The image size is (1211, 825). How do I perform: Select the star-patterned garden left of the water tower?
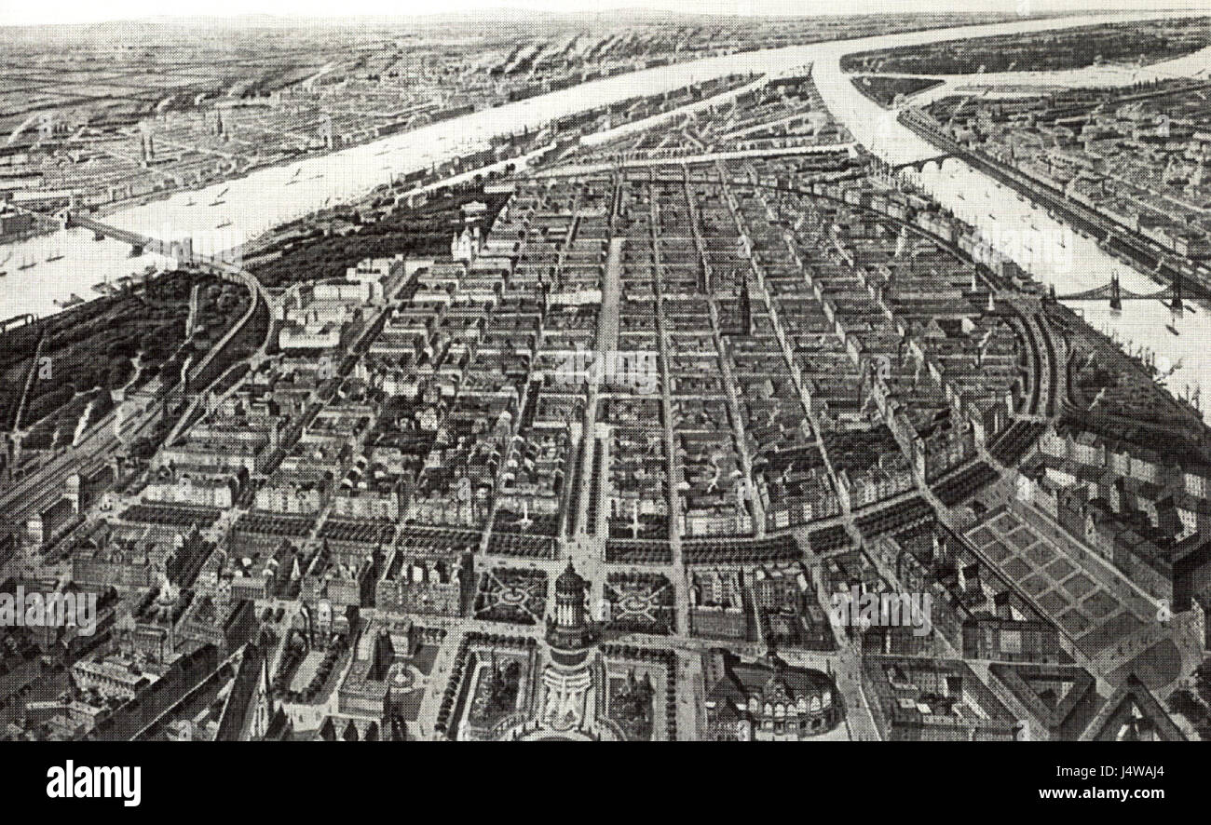pyautogui.click(x=511, y=595)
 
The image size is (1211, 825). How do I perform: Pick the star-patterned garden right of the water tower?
pyautogui.click(x=637, y=603)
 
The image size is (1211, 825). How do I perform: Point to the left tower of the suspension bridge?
pyautogui.click(x=1113, y=291)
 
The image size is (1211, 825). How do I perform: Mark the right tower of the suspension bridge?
pyautogui.click(x=1176, y=294)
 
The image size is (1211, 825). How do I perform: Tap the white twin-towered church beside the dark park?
pyautogui.click(x=463, y=244)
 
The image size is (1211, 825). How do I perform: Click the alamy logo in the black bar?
pyautogui.click(x=93, y=782)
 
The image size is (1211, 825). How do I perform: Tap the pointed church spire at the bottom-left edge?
pyautogui.click(x=265, y=689)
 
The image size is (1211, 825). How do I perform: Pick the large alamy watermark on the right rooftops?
pyautogui.click(x=880, y=610)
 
